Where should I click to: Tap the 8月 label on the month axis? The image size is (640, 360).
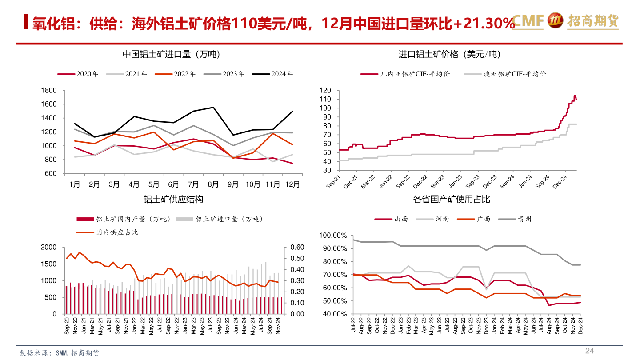click(213, 184)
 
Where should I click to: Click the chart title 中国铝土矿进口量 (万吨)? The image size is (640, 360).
click(172, 54)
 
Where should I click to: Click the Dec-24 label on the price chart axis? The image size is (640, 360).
click(561, 181)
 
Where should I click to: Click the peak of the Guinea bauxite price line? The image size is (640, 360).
click(575, 96)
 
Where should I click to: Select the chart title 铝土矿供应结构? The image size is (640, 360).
click(173, 200)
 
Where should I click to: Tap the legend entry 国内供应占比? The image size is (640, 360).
click(117, 232)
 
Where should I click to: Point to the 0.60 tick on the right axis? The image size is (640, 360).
click(297, 248)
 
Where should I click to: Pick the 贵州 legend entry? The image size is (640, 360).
click(524, 219)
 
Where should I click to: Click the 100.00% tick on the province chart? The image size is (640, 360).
click(334, 236)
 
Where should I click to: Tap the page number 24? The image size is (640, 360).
click(589, 351)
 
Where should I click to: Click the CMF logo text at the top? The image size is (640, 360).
click(528, 20)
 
